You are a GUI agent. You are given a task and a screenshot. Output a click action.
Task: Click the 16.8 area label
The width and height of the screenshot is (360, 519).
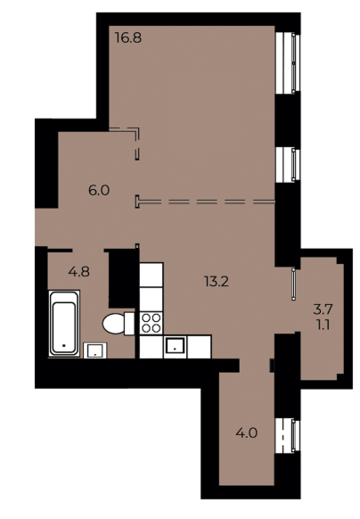[x=127, y=37]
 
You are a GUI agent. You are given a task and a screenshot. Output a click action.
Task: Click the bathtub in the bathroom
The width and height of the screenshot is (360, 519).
[x=64, y=322]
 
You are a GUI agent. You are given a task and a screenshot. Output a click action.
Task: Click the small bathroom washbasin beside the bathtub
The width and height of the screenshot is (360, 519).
[x=93, y=349]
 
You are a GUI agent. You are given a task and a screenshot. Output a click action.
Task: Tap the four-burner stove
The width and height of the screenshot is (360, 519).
[x=149, y=322]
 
